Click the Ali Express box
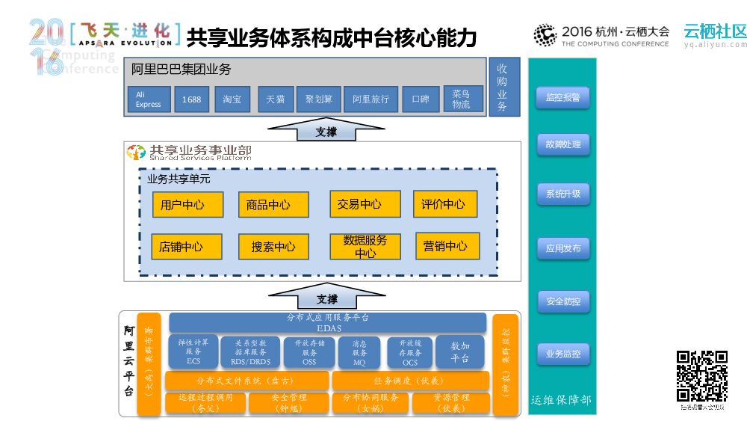148,99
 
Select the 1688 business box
192,99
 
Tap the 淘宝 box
232,99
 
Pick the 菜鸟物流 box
462,99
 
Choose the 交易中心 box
360,203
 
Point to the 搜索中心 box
273,247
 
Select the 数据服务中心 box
365,247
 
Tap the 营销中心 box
447,246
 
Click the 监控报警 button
562,97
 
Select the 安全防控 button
562,302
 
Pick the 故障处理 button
562,144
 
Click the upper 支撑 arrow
326,131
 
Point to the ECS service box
193,351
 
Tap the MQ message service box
359,351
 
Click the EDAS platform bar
328,322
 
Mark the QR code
702,376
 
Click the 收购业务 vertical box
502,87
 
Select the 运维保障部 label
561,400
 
